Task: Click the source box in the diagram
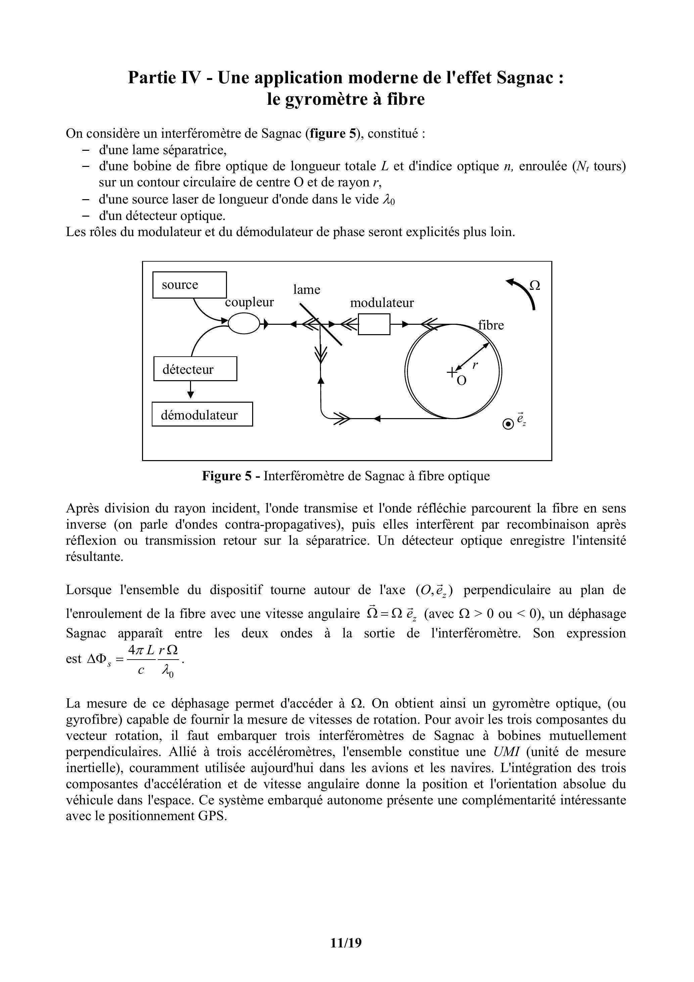(x=189, y=285)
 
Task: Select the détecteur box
(x=195, y=369)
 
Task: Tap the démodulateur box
(x=202, y=414)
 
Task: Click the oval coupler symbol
(x=244, y=324)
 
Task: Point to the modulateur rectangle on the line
(x=374, y=324)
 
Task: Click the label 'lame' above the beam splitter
(x=307, y=290)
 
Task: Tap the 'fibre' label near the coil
(x=491, y=325)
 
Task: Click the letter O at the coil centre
(x=461, y=381)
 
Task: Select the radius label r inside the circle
(x=475, y=365)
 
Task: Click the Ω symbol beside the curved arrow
(x=535, y=285)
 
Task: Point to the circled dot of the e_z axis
(x=508, y=424)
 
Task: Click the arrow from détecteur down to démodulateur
(x=191, y=390)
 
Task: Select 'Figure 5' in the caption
(x=227, y=476)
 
